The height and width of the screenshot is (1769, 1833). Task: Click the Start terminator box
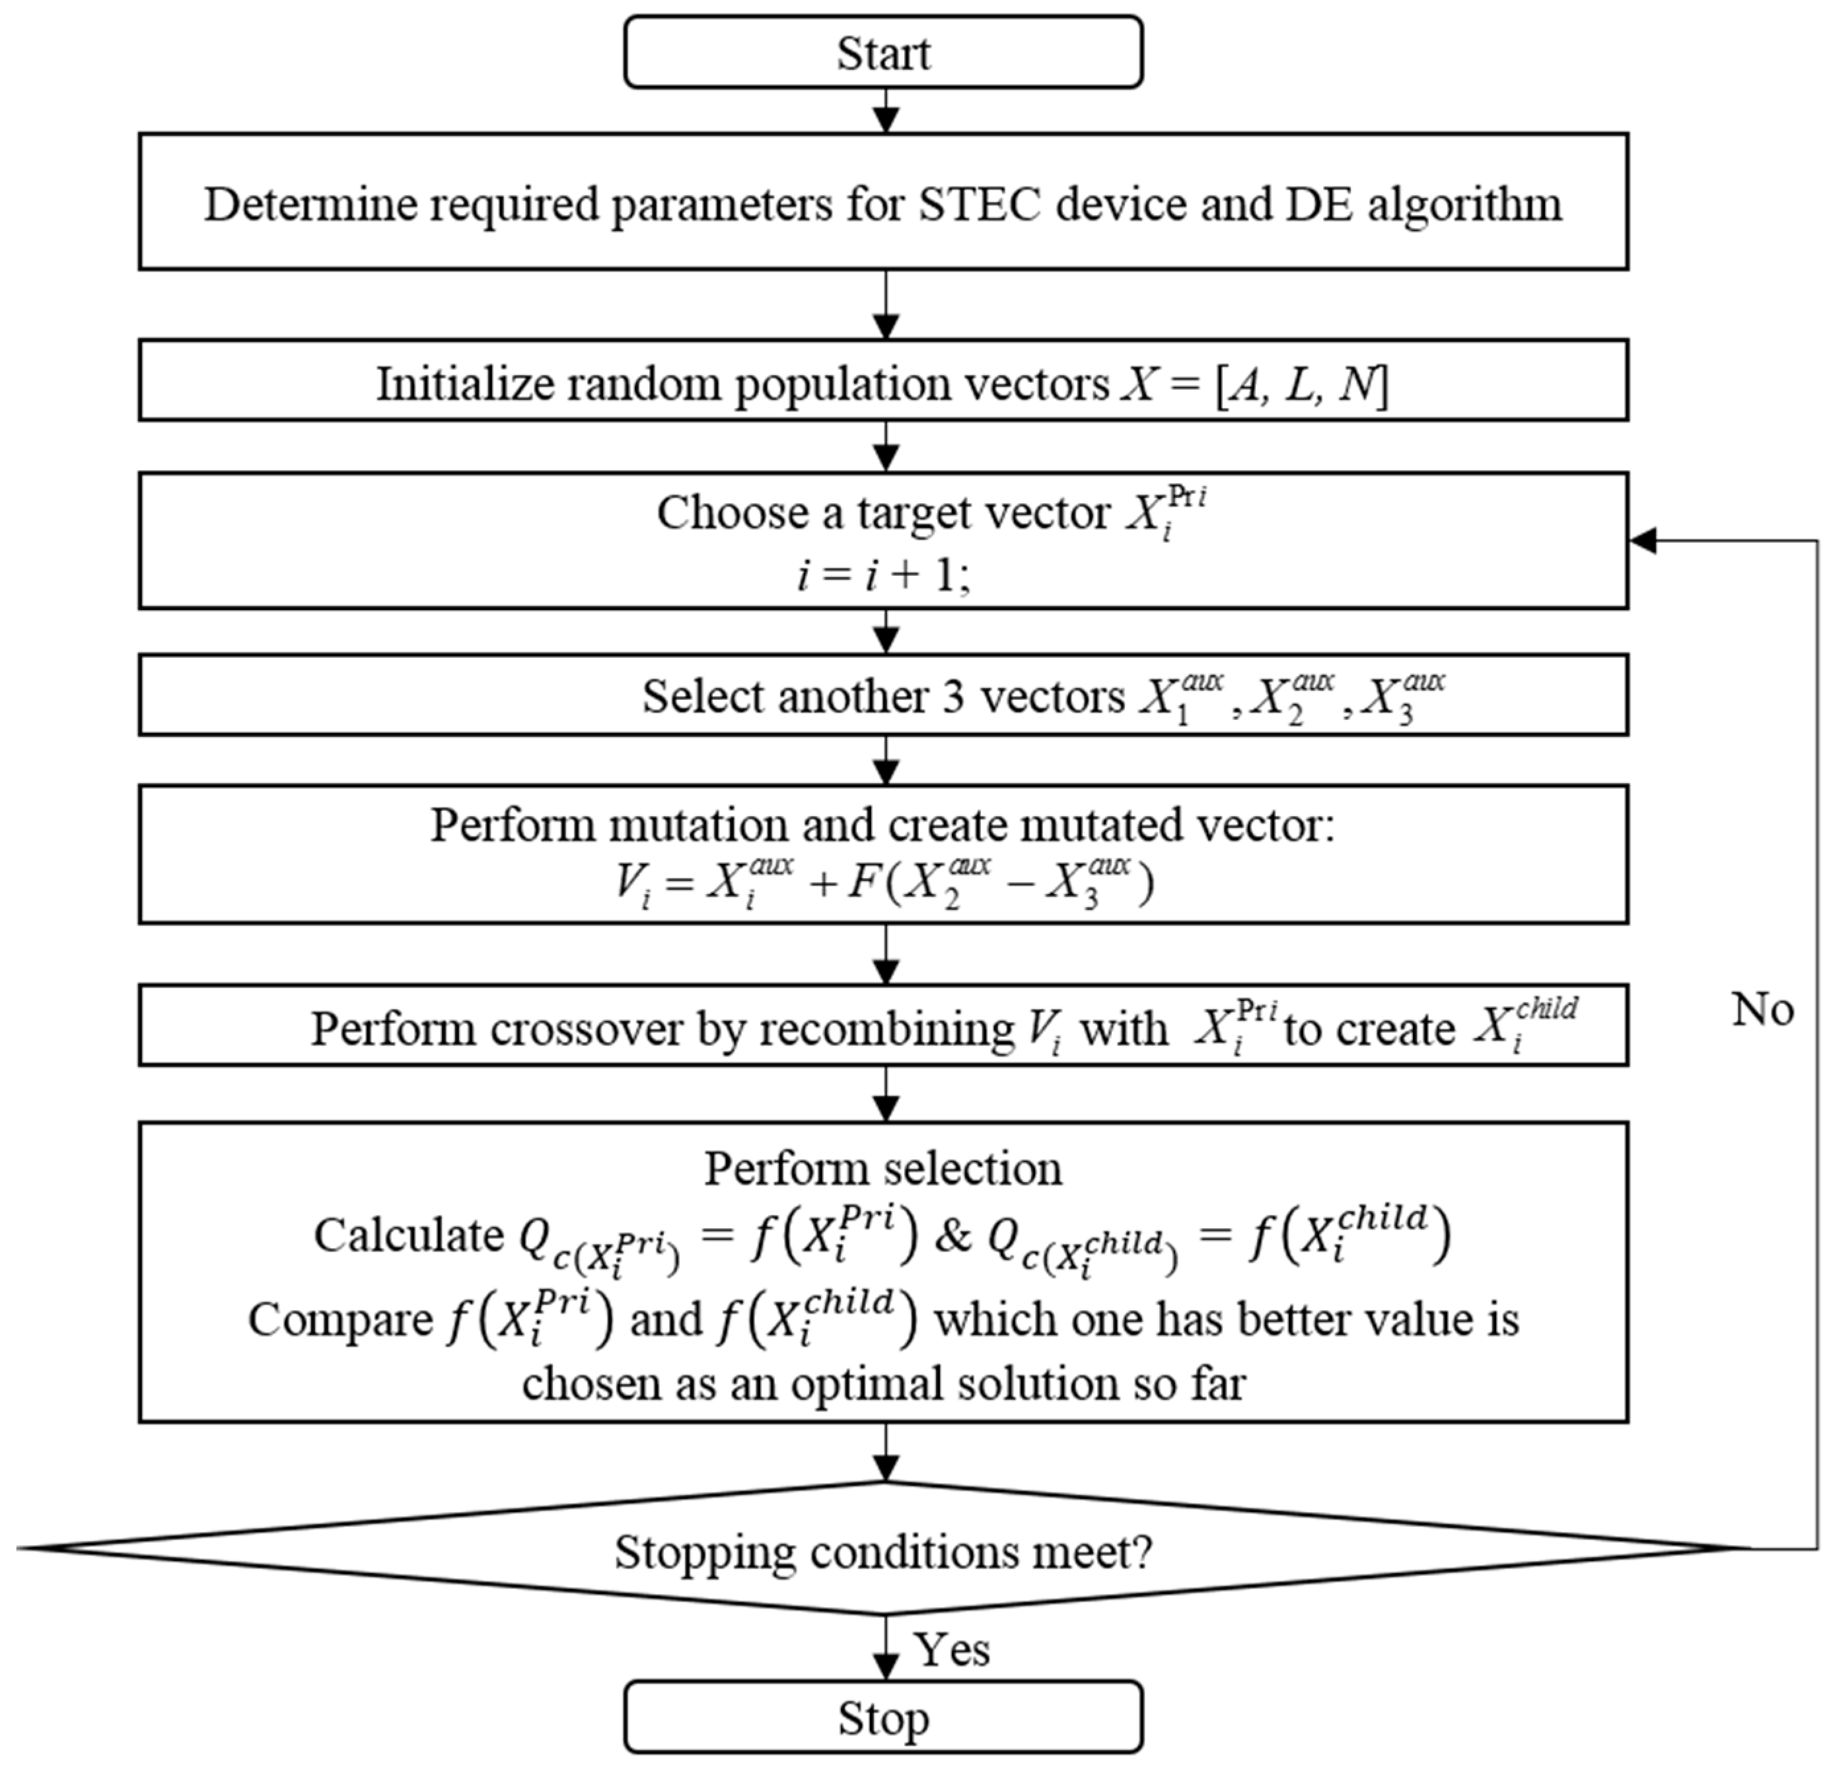coord(883,52)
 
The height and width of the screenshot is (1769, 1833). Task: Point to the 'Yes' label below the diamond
coord(952,1649)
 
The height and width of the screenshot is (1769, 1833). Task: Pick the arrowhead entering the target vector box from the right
coord(1643,540)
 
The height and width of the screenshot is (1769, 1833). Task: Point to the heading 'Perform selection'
coord(883,1169)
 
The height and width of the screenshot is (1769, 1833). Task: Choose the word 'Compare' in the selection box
coord(340,1320)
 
